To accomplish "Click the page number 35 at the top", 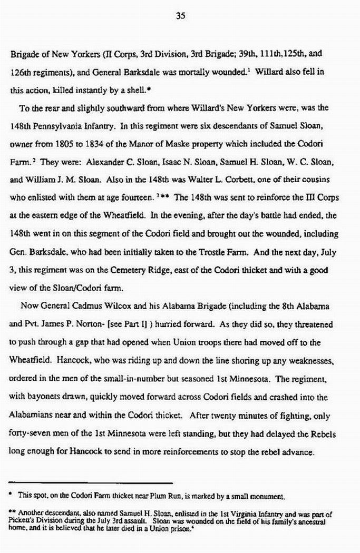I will [x=180, y=16].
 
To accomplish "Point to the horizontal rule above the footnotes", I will [x=91, y=482].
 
